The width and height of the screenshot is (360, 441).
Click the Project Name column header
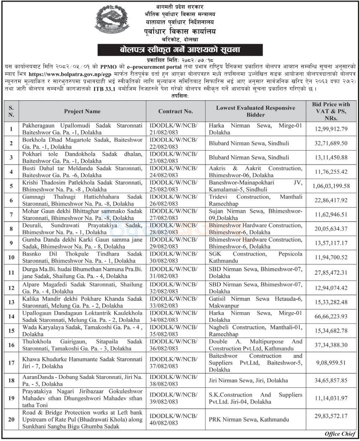click(x=82, y=112)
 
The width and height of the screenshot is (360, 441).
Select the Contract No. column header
click(x=175, y=112)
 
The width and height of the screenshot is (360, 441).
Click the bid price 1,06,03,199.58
click(x=333, y=185)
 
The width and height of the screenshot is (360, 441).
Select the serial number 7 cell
click(x=11, y=214)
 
